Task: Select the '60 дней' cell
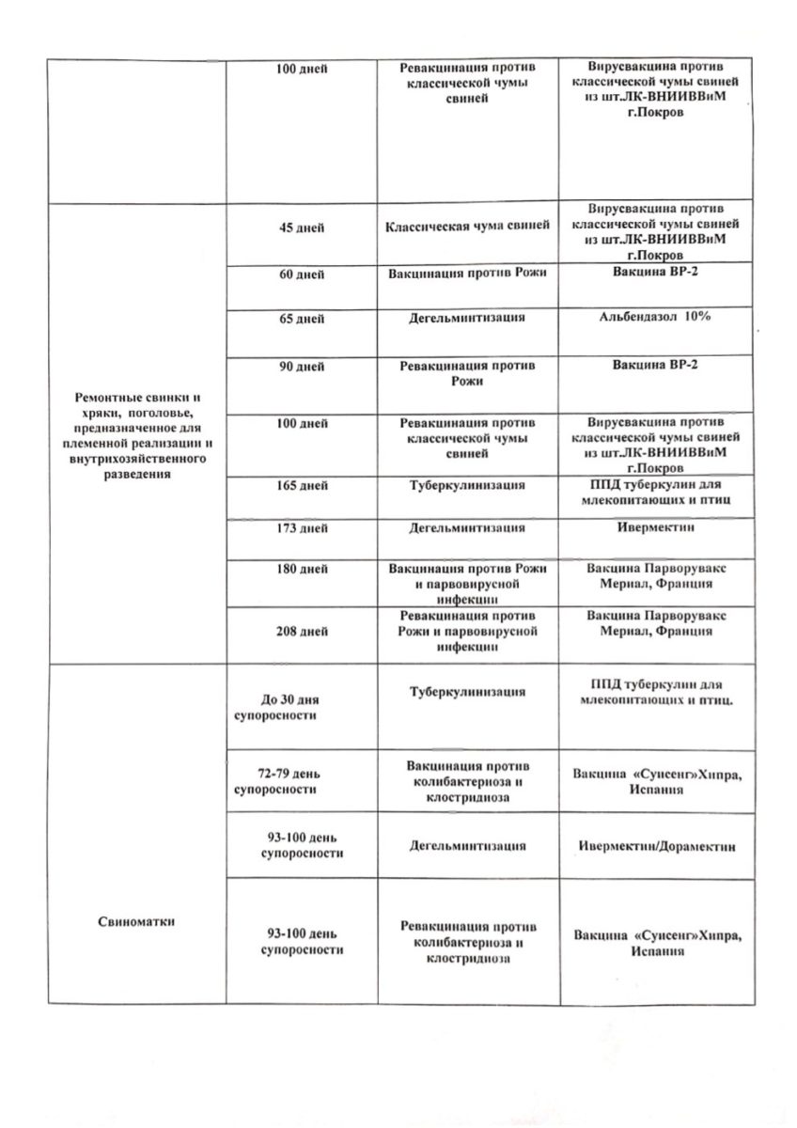pyautogui.click(x=302, y=274)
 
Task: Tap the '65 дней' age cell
pyautogui.click(x=302, y=320)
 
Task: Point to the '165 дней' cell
pyautogui.click(x=302, y=486)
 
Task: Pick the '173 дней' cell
pyautogui.click(x=302, y=529)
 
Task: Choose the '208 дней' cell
pyautogui.click(x=302, y=632)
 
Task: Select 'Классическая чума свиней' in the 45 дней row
pyautogui.click(x=467, y=229)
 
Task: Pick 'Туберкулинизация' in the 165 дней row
pyautogui.click(x=467, y=486)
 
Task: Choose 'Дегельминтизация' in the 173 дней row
pyautogui.click(x=467, y=528)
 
